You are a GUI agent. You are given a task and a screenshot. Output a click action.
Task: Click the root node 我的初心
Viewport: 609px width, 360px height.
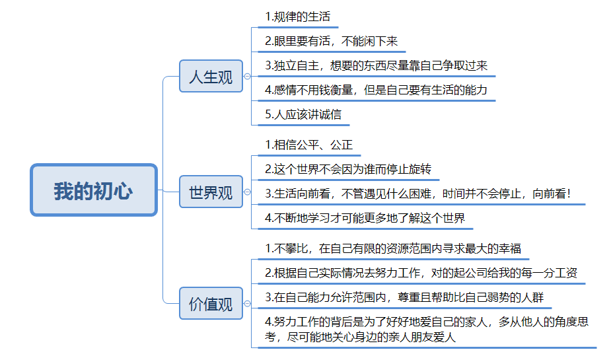click(x=94, y=190)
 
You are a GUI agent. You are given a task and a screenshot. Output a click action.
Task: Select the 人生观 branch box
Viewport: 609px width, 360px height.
click(x=211, y=76)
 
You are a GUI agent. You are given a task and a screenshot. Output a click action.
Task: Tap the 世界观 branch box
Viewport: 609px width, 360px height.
click(x=211, y=192)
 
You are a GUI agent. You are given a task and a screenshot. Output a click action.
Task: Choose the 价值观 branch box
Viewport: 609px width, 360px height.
click(x=211, y=303)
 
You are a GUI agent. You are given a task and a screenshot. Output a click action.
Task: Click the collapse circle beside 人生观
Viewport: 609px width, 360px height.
click(x=247, y=77)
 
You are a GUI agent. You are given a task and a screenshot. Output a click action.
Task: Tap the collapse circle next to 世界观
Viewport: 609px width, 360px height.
click(x=247, y=192)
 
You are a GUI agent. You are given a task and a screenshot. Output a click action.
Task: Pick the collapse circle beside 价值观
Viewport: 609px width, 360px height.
click(x=247, y=304)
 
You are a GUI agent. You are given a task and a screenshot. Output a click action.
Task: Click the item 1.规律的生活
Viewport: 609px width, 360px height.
click(x=297, y=17)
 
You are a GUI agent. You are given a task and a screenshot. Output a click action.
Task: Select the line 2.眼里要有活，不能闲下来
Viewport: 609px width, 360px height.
click(x=332, y=41)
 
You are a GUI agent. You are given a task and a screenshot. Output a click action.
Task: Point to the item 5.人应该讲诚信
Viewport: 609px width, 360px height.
click(x=303, y=114)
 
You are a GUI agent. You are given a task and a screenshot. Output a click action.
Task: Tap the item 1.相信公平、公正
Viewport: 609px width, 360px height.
click(x=308, y=145)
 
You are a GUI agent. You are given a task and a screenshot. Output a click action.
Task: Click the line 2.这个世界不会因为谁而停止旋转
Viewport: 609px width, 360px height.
click(x=348, y=169)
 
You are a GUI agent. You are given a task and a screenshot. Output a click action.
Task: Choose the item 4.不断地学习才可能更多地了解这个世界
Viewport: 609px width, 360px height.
click(x=365, y=218)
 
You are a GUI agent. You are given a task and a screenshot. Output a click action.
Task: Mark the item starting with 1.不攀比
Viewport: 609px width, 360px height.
click(x=393, y=248)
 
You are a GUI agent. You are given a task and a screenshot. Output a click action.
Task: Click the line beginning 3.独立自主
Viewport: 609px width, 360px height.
click(x=376, y=65)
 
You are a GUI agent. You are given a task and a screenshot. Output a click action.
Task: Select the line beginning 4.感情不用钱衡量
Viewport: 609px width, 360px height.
click(x=376, y=90)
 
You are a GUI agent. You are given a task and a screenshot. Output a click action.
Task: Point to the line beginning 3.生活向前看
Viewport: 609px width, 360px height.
click(x=418, y=194)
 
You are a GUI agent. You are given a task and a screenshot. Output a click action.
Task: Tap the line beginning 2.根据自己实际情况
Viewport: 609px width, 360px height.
click(x=421, y=273)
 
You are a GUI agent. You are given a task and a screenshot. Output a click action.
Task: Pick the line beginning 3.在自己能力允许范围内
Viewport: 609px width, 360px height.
click(x=404, y=297)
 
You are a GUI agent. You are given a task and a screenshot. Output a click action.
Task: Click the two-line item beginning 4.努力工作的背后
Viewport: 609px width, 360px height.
click(x=427, y=330)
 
